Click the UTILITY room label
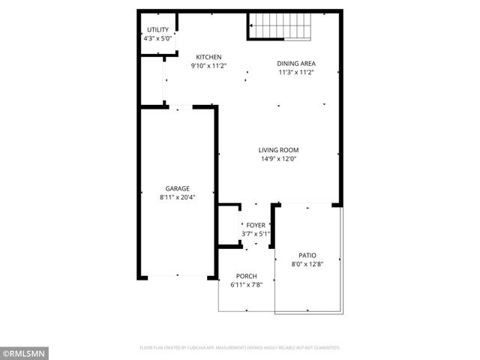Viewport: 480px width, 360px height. [x=157, y=30]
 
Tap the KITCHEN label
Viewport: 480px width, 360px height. [x=208, y=57]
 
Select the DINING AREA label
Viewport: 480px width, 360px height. [x=295, y=64]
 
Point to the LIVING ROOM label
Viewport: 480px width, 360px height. [x=279, y=150]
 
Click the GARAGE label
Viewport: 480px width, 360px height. [x=178, y=188]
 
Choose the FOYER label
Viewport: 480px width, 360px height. [x=256, y=225]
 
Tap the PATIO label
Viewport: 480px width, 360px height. [x=307, y=255]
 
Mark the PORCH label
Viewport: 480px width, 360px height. [x=247, y=277]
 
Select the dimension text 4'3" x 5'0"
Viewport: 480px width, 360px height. [x=157, y=38]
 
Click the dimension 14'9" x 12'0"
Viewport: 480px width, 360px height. [x=279, y=159]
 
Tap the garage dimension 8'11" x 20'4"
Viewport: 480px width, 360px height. [x=178, y=197]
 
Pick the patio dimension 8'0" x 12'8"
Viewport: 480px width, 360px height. [x=307, y=264]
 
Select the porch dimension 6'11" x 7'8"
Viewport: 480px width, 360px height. [x=247, y=286]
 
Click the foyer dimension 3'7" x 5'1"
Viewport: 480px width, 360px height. [x=256, y=234]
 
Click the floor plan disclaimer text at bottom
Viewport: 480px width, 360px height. [x=240, y=348]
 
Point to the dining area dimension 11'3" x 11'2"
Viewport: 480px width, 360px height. [x=295, y=73]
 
